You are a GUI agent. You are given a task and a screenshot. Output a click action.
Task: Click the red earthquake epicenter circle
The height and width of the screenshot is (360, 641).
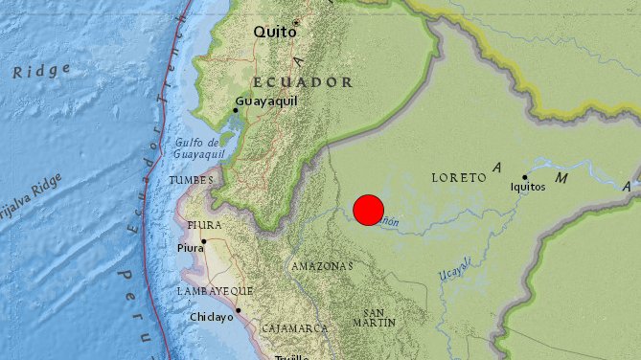point(369,210)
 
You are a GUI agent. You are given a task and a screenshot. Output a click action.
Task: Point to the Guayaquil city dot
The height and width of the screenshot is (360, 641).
point(236,110)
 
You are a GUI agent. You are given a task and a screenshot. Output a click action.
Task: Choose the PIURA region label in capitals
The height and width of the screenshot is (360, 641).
point(205,225)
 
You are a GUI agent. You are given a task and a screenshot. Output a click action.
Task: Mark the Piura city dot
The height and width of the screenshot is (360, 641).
point(204,241)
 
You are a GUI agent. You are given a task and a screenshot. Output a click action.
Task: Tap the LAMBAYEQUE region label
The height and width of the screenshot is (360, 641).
point(215,290)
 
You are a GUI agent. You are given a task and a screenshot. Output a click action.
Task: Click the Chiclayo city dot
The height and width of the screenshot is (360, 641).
point(238,310)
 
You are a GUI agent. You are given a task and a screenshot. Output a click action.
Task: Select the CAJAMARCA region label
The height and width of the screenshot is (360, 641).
point(296,328)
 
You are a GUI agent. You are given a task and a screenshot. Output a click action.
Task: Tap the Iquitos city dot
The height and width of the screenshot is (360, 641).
point(525,176)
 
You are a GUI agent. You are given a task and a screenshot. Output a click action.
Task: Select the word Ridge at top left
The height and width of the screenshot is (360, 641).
point(41,70)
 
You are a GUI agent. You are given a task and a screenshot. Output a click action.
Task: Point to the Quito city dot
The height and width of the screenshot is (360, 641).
point(297,22)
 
